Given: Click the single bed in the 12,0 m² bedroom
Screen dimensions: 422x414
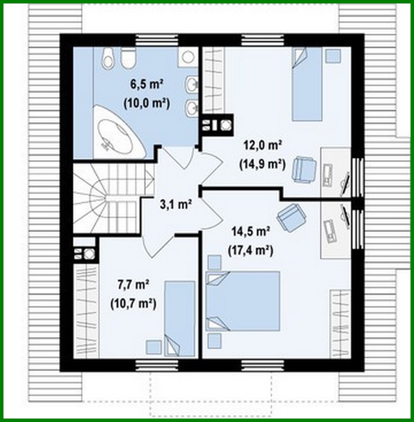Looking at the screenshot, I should [306, 84].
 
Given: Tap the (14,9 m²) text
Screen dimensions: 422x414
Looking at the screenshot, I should [263, 164].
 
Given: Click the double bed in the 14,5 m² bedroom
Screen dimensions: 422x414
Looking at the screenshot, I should [243, 301].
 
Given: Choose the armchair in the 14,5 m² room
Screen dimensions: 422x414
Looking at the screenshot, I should [292, 217].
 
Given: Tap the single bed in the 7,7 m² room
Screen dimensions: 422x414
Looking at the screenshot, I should [180, 318].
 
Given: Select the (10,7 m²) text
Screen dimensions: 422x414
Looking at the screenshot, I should [133, 304].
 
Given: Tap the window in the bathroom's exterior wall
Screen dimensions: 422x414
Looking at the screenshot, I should [157, 40].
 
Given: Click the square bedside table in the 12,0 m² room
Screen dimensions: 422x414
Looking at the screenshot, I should [333, 56].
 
